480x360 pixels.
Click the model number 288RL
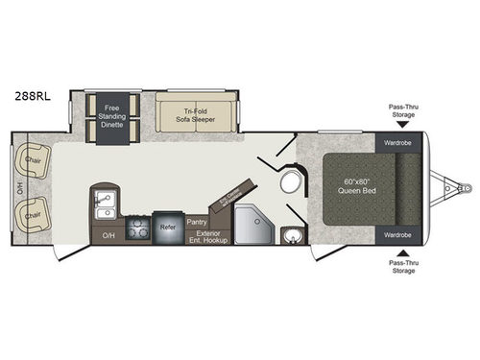coord(28,96)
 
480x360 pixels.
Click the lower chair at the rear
coord(31,209)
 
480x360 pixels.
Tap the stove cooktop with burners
coord(138,230)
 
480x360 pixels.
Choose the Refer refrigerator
coord(168,229)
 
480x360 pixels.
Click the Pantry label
coord(198,222)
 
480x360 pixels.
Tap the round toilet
coord(290,185)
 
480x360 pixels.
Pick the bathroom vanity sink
coord(292,233)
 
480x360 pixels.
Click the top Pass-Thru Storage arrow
coord(401,125)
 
